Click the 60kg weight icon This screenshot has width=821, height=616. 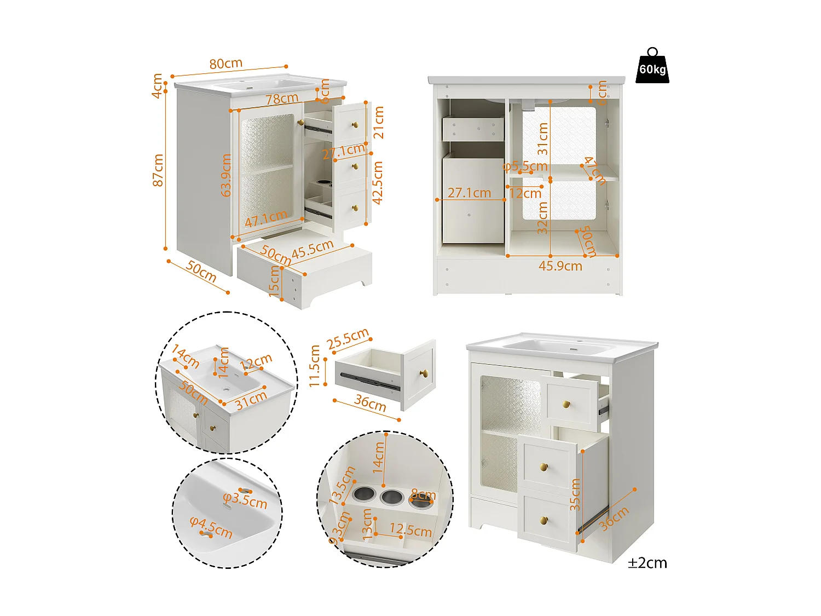click(x=652, y=67)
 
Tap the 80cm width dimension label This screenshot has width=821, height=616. click(x=226, y=64)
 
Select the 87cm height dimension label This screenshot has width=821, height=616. click(x=158, y=170)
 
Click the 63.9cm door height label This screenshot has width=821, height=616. click(x=226, y=175)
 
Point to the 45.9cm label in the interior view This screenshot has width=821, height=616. click(x=560, y=266)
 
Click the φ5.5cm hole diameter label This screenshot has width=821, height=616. click(x=525, y=166)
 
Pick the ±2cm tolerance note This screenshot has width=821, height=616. click(x=647, y=563)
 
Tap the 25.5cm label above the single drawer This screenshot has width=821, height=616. click(x=348, y=339)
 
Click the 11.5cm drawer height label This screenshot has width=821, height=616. click(x=315, y=366)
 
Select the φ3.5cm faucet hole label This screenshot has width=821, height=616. click(x=245, y=500)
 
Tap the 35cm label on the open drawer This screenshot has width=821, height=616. click(x=575, y=494)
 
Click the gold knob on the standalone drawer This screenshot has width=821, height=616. click(x=423, y=373)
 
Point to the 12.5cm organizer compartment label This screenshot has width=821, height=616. click(x=410, y=530)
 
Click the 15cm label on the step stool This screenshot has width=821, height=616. click(x=275, y=281)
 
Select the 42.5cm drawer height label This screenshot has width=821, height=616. click(x=378, y=182)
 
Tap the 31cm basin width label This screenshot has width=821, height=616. click(x=251, y=400)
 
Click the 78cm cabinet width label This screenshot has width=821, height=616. click(x=282, y=99)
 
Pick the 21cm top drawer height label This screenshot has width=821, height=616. click(x=378, y=122)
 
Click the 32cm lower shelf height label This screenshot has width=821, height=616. click(x=542, y=218)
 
